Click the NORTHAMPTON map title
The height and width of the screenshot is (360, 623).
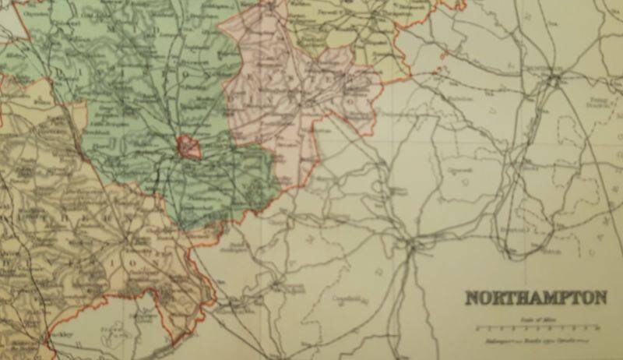536,298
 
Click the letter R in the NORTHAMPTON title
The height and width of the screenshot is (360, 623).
498,298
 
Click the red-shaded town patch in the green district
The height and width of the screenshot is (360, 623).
189,146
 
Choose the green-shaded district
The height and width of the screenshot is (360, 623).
148,101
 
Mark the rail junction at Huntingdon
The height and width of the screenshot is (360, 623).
554,79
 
